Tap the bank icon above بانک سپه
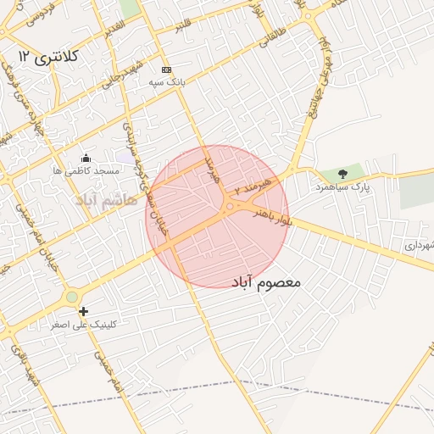[166, 70]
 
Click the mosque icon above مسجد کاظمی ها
[86, 158]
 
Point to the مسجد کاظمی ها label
[84, 171]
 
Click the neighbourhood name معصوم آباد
[265, 280]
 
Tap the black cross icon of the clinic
[83, 312]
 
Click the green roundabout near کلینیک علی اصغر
[72, 297]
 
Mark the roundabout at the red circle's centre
[229, 207]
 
